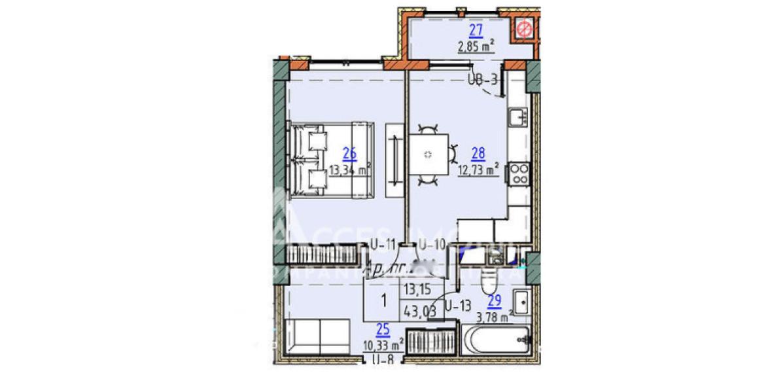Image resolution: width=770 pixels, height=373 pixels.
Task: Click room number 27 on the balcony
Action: point(476,29)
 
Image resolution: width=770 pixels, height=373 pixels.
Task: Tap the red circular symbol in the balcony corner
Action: point(523,29)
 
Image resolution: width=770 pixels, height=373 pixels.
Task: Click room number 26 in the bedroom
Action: point(350,154)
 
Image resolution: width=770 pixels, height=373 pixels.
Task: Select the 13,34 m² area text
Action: point(351,171)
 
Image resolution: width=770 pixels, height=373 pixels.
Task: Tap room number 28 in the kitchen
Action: point(478,154)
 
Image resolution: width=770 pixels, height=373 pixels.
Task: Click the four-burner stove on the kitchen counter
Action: point(519,174)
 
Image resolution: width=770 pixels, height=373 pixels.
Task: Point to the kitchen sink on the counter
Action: point(519,118)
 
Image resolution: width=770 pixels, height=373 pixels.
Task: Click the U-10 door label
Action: point(431,246)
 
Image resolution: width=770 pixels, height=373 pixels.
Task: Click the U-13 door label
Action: point(459,304)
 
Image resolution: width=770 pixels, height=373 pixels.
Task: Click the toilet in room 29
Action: point(489,283)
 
